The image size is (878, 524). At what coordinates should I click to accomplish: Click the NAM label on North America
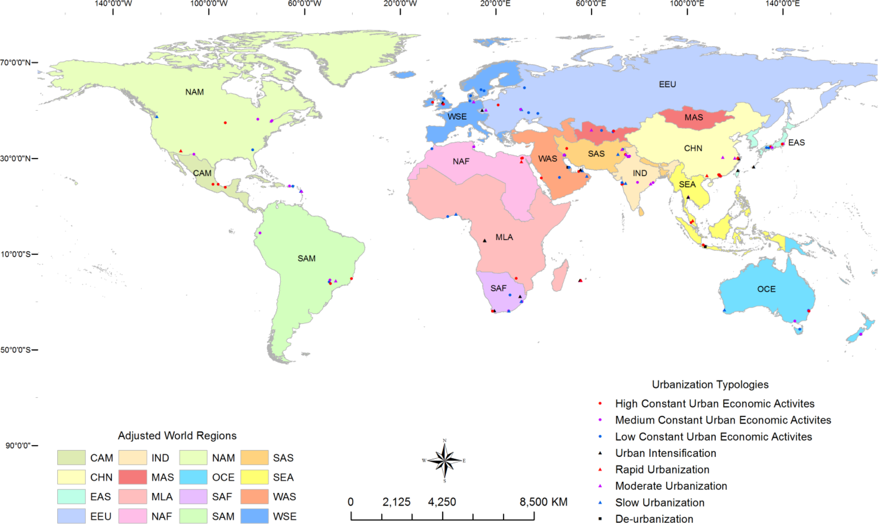[194, 92]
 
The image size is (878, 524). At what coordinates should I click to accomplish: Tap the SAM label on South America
[306, 258]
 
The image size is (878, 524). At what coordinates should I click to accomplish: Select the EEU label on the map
[667, 84]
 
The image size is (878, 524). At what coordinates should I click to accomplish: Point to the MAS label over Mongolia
[694, 117]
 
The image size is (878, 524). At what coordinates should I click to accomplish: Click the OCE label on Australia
[766, 289]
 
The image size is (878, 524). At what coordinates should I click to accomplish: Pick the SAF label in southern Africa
[498, 288]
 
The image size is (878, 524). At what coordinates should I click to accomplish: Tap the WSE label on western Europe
[457, 117]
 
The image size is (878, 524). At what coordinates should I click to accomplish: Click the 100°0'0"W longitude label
[209, 4]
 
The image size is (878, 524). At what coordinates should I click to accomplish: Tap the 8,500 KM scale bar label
[543, 502]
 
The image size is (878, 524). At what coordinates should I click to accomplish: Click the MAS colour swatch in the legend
[133, 477]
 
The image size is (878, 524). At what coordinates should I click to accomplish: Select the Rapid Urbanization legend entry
[662, 470]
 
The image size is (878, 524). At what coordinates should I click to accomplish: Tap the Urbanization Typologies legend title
[710, 385]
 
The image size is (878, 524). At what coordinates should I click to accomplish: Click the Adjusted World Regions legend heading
[177, 436]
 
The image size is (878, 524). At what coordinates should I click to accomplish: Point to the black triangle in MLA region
[484, 241]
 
